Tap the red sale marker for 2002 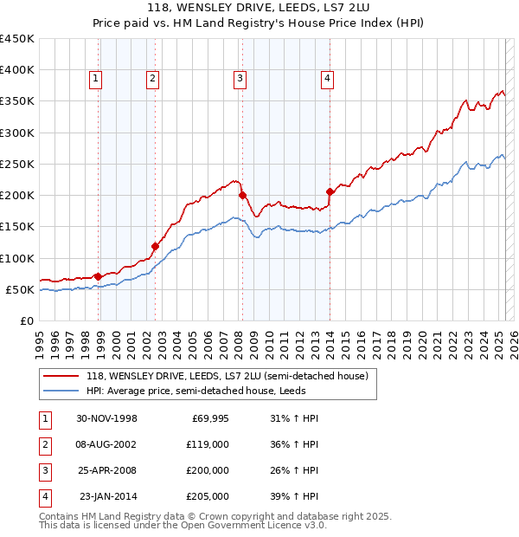pyautogui.click(x=156, y=246)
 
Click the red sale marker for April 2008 pyautogui.click(x=242, y=195)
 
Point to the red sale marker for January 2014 pyautogui.click(x=330, y=191)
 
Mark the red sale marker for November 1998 pyautogui.click(x=99, y=276)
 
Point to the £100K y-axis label pyautogui.click(x=16, y=258)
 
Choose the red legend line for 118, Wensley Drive pyautogui.click(x=60, y=376)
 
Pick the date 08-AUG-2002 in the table pyautogui.click(x=106, y=445)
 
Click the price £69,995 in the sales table pyautogui.click(x=209, y=419)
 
